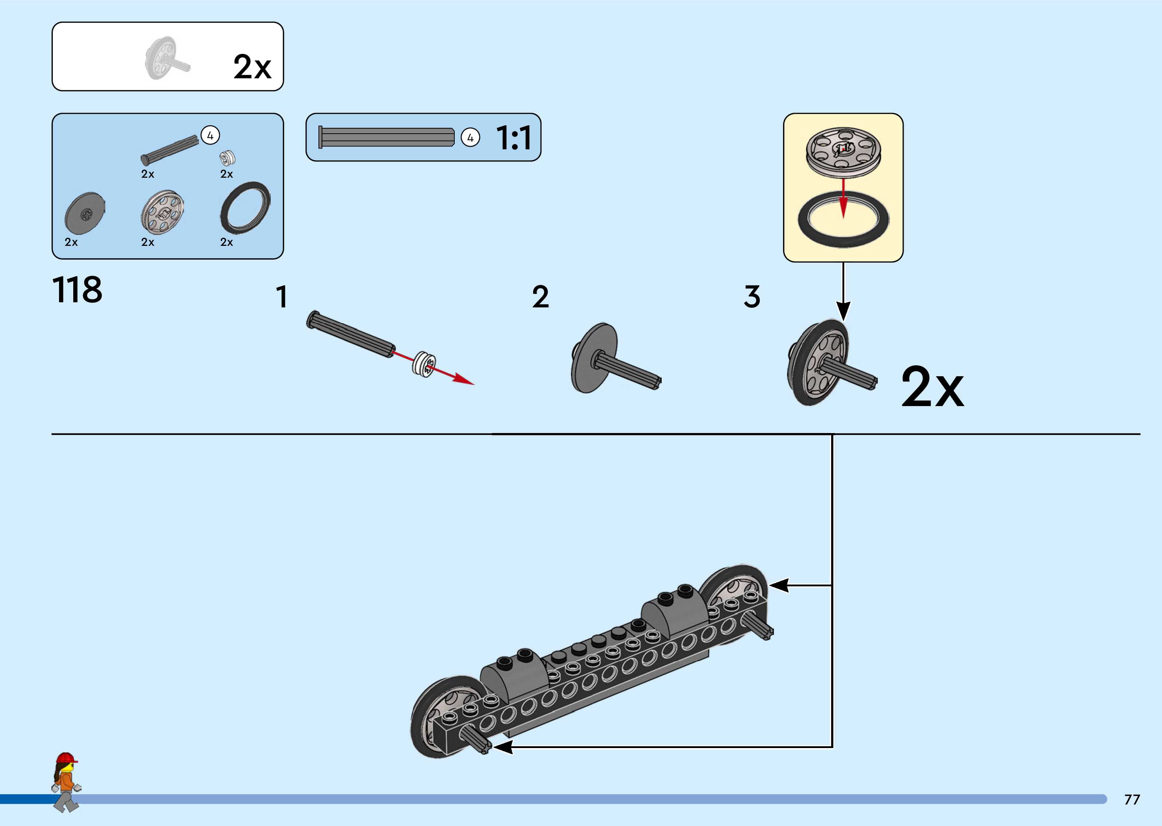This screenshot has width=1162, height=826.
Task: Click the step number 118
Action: coord(77,290)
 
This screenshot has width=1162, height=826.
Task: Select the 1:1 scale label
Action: coord(514,138)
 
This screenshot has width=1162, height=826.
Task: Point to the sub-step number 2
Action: coord(540,297)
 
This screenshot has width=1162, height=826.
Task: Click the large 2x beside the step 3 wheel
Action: coord(932,388)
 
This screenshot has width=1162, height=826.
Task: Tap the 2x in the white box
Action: coord(253,67)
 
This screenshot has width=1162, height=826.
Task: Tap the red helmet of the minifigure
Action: coord(66,758)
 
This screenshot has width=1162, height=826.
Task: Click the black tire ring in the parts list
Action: coord(245,208)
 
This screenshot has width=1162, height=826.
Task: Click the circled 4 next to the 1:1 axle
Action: coord(470,137)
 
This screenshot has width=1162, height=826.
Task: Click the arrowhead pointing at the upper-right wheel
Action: coord(778,585)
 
